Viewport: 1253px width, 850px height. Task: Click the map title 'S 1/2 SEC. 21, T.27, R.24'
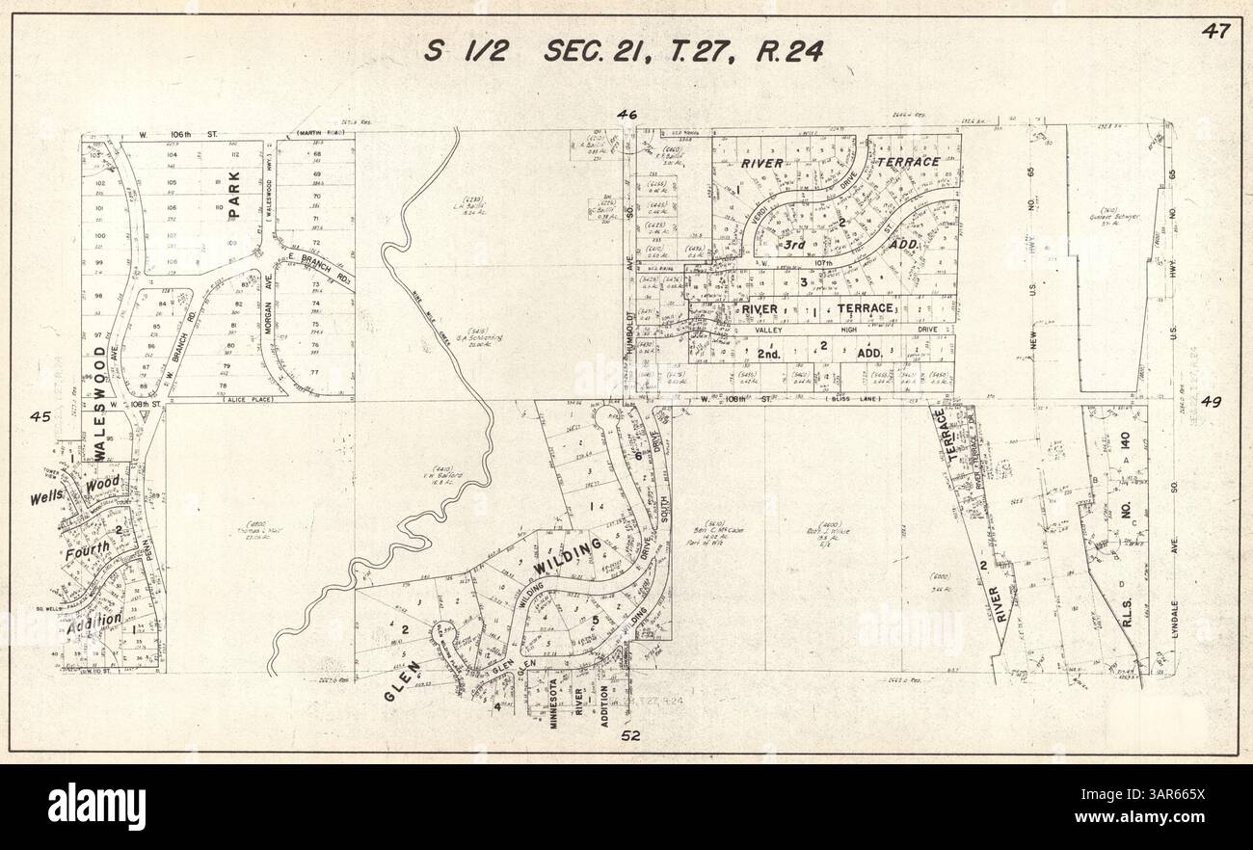(x=625, y=51)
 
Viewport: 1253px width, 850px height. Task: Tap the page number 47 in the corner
(x=1215, y=31)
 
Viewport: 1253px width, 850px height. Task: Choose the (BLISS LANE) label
(x=855, y=398)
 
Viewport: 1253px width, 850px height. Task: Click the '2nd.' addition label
(x=767, y=354)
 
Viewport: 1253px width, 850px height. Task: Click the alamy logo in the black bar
(x=96, y=807)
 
